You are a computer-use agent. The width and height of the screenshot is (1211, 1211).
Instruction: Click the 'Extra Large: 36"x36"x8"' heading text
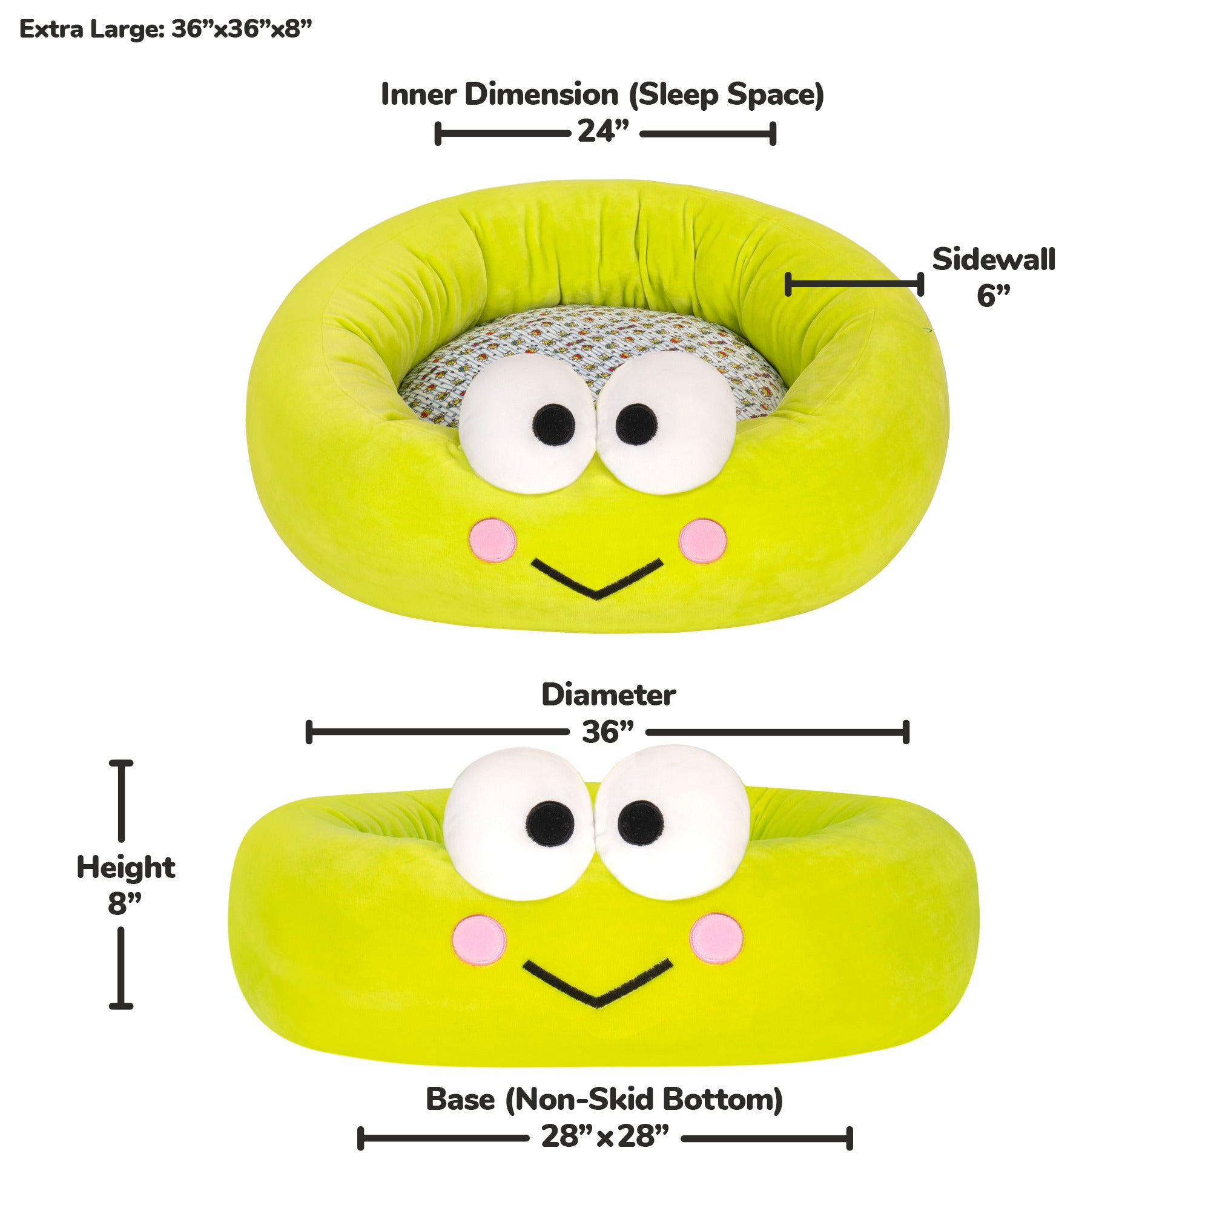tap(165, 30)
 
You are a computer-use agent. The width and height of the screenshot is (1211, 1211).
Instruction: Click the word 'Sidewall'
tap(994, 260)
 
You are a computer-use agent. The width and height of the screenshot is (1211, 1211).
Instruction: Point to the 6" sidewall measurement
tap(994, 296)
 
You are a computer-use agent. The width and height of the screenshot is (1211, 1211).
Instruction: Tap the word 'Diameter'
tap(608, 695)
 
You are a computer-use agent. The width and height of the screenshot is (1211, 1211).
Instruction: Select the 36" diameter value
tap(607, 732)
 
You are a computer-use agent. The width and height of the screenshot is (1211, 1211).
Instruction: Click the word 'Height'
tap(125, 868)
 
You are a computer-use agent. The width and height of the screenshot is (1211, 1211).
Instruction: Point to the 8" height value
tap(125, 904)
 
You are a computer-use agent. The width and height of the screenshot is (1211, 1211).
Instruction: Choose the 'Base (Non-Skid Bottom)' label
tap(604, 1100)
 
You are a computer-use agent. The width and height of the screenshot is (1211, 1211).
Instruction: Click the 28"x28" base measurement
tap(605, 1137)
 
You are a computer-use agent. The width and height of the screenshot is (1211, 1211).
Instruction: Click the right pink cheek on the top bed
tap(702, 540)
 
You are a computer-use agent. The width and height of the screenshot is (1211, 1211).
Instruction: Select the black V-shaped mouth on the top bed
tap(597, 578)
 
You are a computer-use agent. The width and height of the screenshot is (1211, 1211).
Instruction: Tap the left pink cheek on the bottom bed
tap(480, 939)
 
